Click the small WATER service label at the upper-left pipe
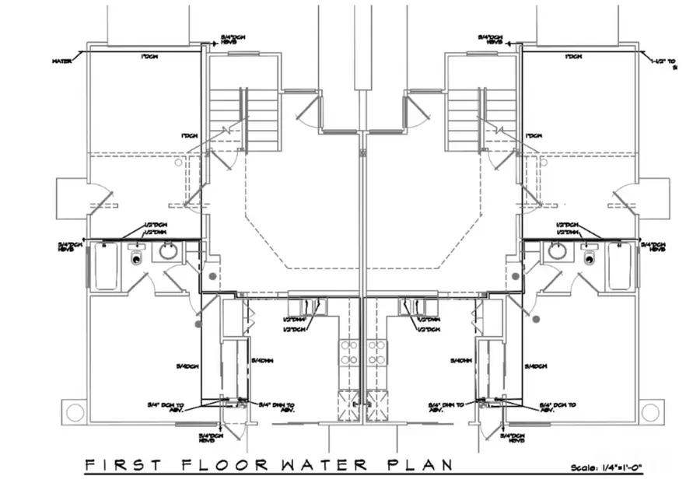(62, 60)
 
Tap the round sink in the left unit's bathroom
(168, 251)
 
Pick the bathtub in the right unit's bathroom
(620, 265)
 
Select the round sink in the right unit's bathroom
(557, 251)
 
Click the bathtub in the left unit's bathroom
(104, 265)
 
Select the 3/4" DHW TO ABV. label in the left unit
(276, 406)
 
